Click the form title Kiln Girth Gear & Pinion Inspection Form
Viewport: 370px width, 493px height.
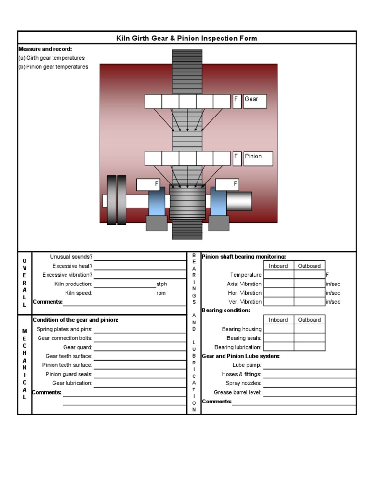tap(186, 38)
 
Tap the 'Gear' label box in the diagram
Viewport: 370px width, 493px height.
tap(255, 101)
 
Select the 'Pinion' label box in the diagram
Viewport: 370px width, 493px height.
tap(258, 158)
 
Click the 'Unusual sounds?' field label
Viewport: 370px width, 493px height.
tap(71, 257)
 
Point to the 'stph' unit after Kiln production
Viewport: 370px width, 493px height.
tap(162, 284)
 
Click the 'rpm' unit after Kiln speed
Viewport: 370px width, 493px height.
tap(161, 293)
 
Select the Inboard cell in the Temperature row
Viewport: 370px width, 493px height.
tap(278, 275)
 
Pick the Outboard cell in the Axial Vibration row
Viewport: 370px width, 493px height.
tap(309, 284)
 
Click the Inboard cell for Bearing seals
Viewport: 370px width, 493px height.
tap(278, 338)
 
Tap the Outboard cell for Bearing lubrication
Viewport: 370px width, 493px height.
tap(309, 347)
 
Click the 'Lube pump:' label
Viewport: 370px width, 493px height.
tap(247, 365)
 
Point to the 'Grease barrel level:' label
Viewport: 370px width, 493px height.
tap(238, 392)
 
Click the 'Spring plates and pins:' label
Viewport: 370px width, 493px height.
tap(64, 329)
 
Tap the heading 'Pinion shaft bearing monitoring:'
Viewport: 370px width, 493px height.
tap(244, 257)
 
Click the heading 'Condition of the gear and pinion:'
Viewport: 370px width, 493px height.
tap(75, 320)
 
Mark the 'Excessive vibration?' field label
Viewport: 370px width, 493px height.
tap(67, 275)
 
